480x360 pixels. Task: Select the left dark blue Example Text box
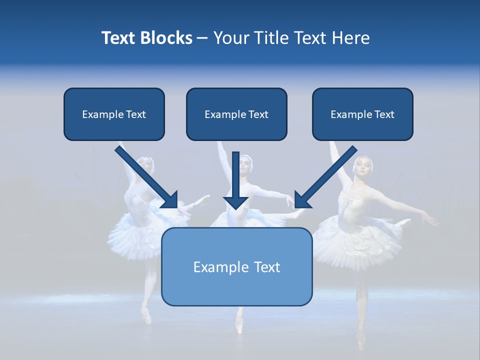(x=114, y=114)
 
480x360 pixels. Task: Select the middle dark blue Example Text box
(x=236, y=114)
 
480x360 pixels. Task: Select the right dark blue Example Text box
(x=362, y=114)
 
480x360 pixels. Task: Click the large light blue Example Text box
(x=236, y=266)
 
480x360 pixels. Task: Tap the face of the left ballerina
(x=145, y=164)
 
